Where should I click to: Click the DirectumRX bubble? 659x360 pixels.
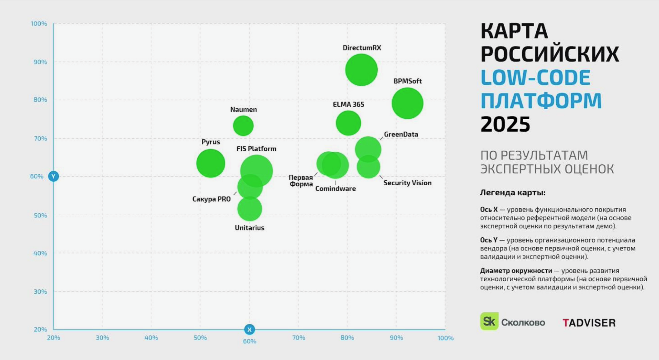(x=361, y=70)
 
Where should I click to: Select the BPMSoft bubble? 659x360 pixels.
(x=407, y=103)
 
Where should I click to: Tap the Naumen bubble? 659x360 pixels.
(x=243, y=126)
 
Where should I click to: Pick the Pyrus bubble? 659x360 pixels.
(x=210, y=163)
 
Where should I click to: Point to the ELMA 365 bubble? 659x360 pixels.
(x=348, y=123)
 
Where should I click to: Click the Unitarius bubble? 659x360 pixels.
(x=250, y=209)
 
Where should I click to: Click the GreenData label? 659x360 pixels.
(x=401, y=134)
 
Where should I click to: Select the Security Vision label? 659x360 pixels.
(x=407, y=183)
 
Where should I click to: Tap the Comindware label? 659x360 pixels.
(x=336, y=189)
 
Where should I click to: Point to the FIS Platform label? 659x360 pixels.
(x=256, y=149)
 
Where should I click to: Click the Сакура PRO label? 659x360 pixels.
(x=211, y=199)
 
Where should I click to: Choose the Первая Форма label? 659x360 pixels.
(x=301, y=181)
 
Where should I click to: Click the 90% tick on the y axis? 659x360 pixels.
(x=40, y=62)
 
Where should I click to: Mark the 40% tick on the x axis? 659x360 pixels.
(x=151, y=338)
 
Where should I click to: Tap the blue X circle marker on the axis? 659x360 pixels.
(x=250, y=329)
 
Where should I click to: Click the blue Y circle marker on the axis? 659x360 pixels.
(x=54, y=176)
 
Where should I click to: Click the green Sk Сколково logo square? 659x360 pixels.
(x=489, y=321)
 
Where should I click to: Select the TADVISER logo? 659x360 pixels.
(x=589, y=323)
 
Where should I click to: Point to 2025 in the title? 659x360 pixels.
(x=505, y=124)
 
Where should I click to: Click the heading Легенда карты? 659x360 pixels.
(x=512, y=193)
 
